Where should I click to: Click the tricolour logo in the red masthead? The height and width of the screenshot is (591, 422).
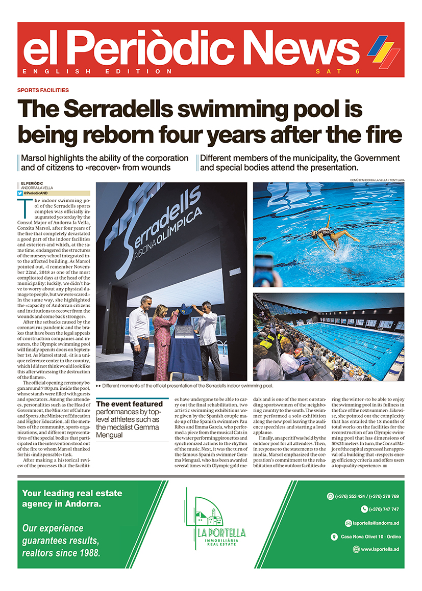(x=384, y=50)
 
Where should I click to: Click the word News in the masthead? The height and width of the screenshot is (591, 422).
(x=299, y=48)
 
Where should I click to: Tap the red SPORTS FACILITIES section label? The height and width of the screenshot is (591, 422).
(x=43, y=90)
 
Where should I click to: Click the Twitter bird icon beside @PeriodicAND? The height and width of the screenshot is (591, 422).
(x=20, y=193)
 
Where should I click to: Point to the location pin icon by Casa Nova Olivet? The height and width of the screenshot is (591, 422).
(x=334, y=536)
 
